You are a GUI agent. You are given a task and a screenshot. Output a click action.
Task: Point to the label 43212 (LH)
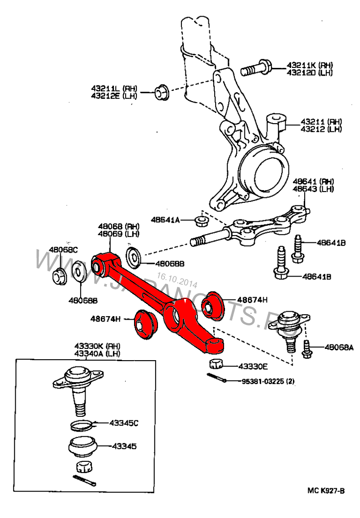point(321,129)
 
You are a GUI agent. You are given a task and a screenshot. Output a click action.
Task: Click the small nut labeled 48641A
point(200,220)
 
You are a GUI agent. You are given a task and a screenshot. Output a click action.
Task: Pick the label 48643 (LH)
point(313,189)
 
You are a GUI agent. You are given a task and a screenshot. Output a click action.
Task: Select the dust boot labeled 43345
point(83,447)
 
